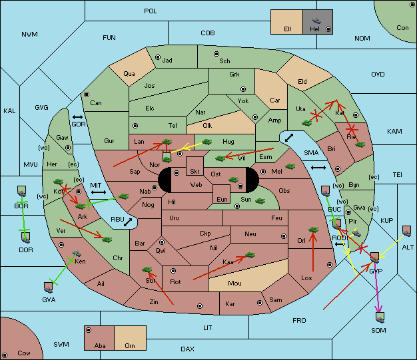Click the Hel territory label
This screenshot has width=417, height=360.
tap(314, 29)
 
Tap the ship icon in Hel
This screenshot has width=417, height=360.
tap(316, 21)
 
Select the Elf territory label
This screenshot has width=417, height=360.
tap(288, 29)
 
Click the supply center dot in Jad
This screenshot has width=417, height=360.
tap(158, 57)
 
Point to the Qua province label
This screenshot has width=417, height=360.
tap(129, 74)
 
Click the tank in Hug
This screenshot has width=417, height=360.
tap(207, 142)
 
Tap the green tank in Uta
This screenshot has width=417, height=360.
tap(306, 123)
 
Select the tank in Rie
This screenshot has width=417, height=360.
tap(360, 144)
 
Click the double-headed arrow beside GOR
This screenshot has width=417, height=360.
tap(77, 117)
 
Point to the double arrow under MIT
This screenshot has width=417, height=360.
tap(99, 192)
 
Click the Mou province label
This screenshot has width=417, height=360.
tap(234, 283)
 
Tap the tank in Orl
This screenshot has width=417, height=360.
tap(313, 230)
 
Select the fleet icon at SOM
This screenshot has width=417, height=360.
tap(380, 317)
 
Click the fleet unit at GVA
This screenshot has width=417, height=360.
tap(49, 287)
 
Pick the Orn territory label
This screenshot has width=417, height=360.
tap(130, 345)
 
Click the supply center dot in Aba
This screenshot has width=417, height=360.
tap(89, 330)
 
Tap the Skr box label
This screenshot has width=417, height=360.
tap(195, 172)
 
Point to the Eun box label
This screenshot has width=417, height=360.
tap(222, 199)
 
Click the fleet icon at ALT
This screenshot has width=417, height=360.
tap(406, 231)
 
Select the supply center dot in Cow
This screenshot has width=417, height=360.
tap(5, 355)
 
